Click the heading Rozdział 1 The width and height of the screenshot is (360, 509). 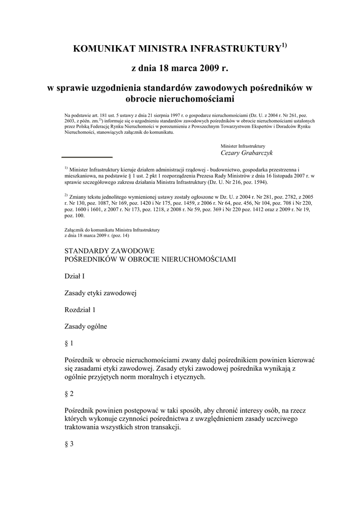[80, 310]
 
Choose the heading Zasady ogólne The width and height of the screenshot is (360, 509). [86, 327]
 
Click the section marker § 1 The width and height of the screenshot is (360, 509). [69, 343]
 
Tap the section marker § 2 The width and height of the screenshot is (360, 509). [69, 394]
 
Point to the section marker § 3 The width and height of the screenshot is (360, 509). [69, 444]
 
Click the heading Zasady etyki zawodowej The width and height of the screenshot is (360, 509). [100, 293]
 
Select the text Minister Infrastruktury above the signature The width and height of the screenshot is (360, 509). [243, 146]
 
